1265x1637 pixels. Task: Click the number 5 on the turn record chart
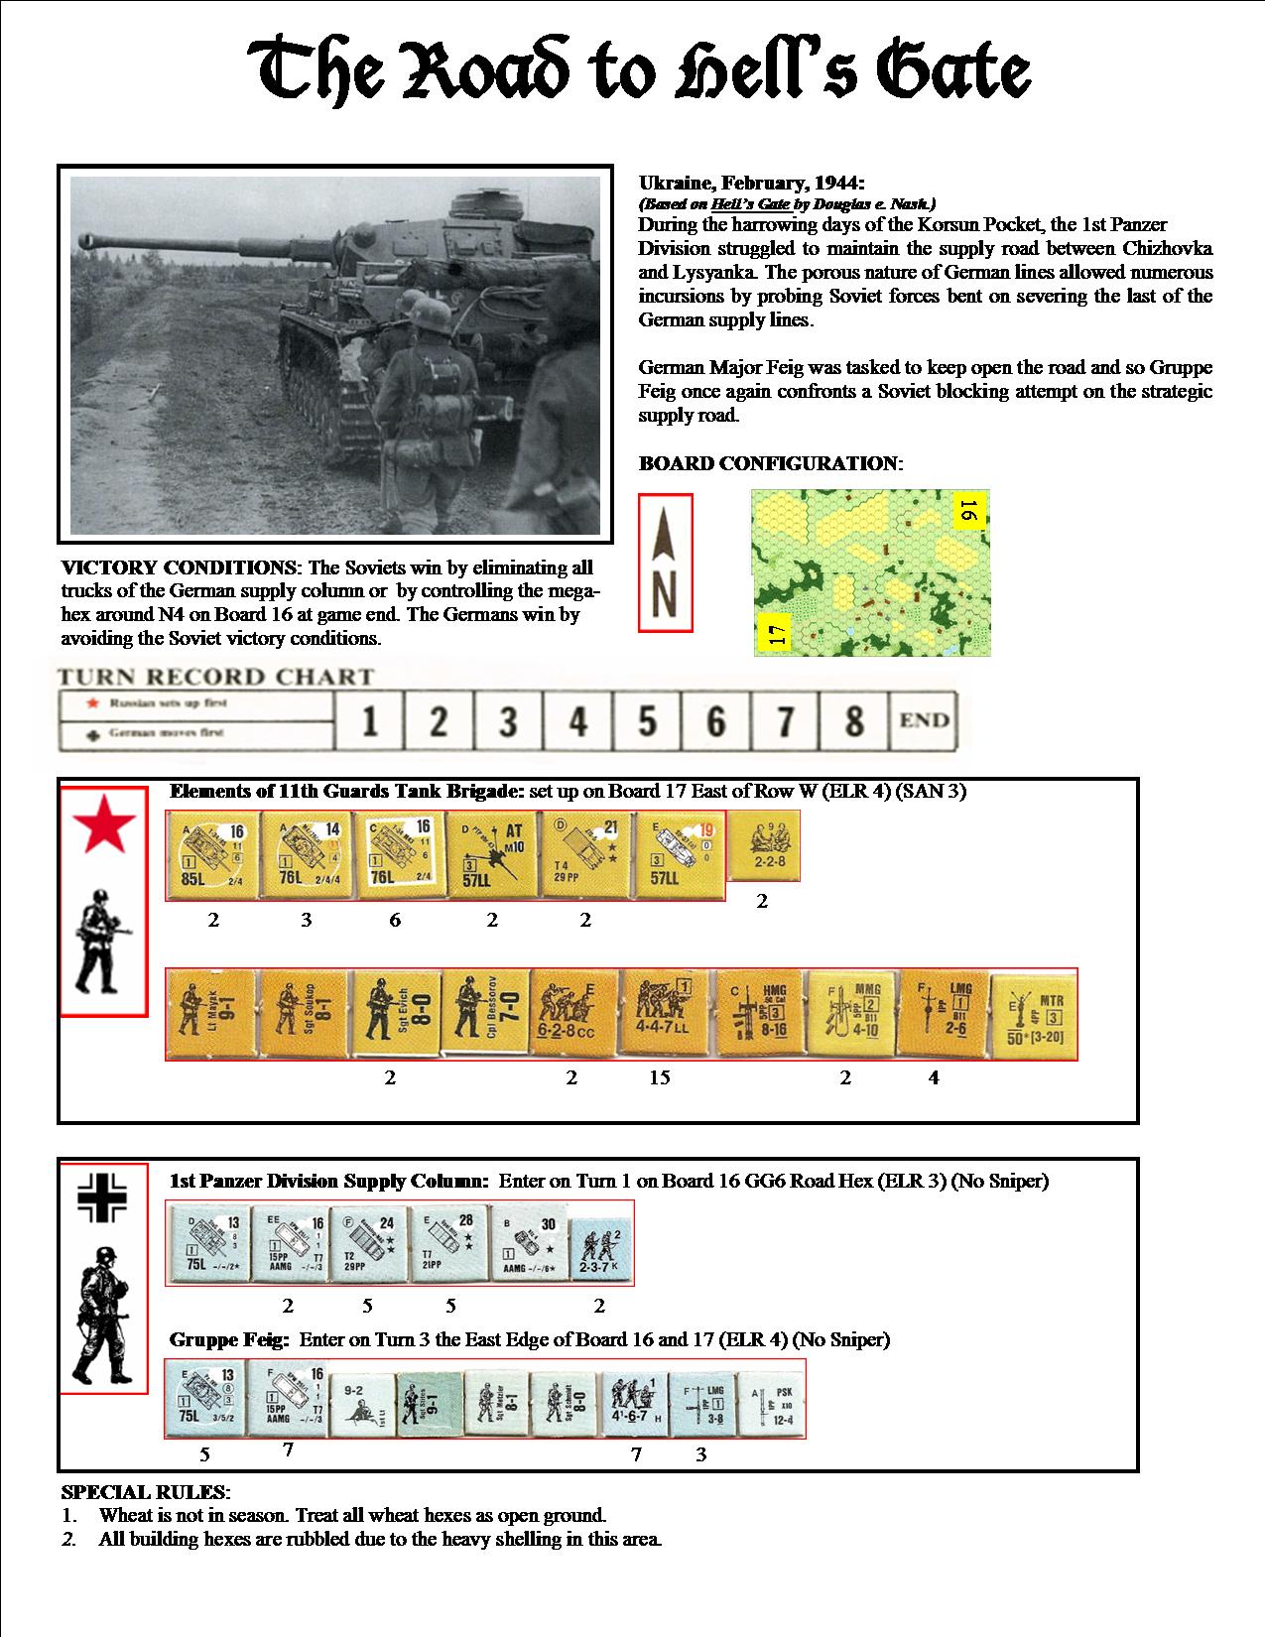point(647,721)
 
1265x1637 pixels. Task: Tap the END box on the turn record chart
point(924,721)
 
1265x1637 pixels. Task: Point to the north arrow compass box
point(665,563)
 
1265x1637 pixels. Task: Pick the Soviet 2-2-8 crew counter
point(764,846)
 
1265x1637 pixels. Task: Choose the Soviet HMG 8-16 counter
point(760,1015)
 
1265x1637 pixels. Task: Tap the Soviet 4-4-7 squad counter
point(662,1015)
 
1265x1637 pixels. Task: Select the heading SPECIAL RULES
point(146,1492)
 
